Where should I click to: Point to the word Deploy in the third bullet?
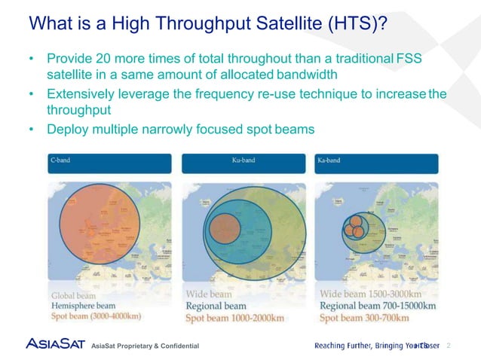[x=68, y=130]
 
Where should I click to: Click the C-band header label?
[x=61, y=160]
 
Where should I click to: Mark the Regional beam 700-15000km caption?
[x=378, y=306]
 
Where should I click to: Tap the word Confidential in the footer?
[x=175, y=346]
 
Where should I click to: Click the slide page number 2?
[x=449, y=345]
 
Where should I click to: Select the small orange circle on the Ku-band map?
[x=224, y=227]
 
